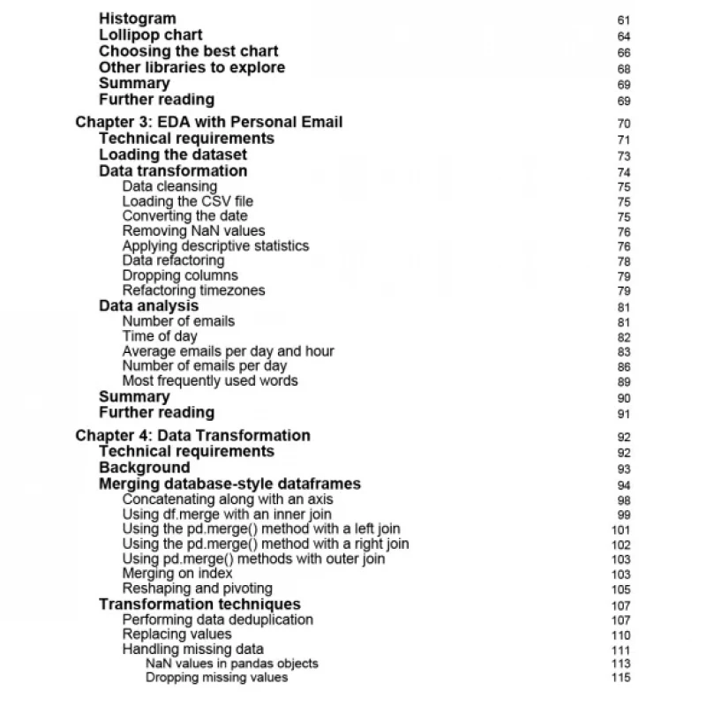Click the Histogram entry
click(x=137, y=19)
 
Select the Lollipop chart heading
click(x=150, y=35)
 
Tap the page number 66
click(x=624, y=53)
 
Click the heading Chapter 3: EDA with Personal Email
click(x=209, y=122)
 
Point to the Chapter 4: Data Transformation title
click(x=192, y=435)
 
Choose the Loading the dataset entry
click(x=173, y=154)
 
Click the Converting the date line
click(x=184, y=216)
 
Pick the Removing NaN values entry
click(x=193, y=231)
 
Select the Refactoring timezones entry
click(x=193, y=290)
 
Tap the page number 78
click(x=624, y=262)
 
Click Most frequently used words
click(x=210, y=381)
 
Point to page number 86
click(x=624, y=366)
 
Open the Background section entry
click(x=144, y=468)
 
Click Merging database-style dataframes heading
click(x=229, y=484)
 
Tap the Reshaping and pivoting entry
click(x=197, y=589)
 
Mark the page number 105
click(x=621, y=590)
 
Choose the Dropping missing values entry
click(x=216, y=678)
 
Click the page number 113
click(x=621, y=664)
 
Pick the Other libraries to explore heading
click(x=192, y=68)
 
